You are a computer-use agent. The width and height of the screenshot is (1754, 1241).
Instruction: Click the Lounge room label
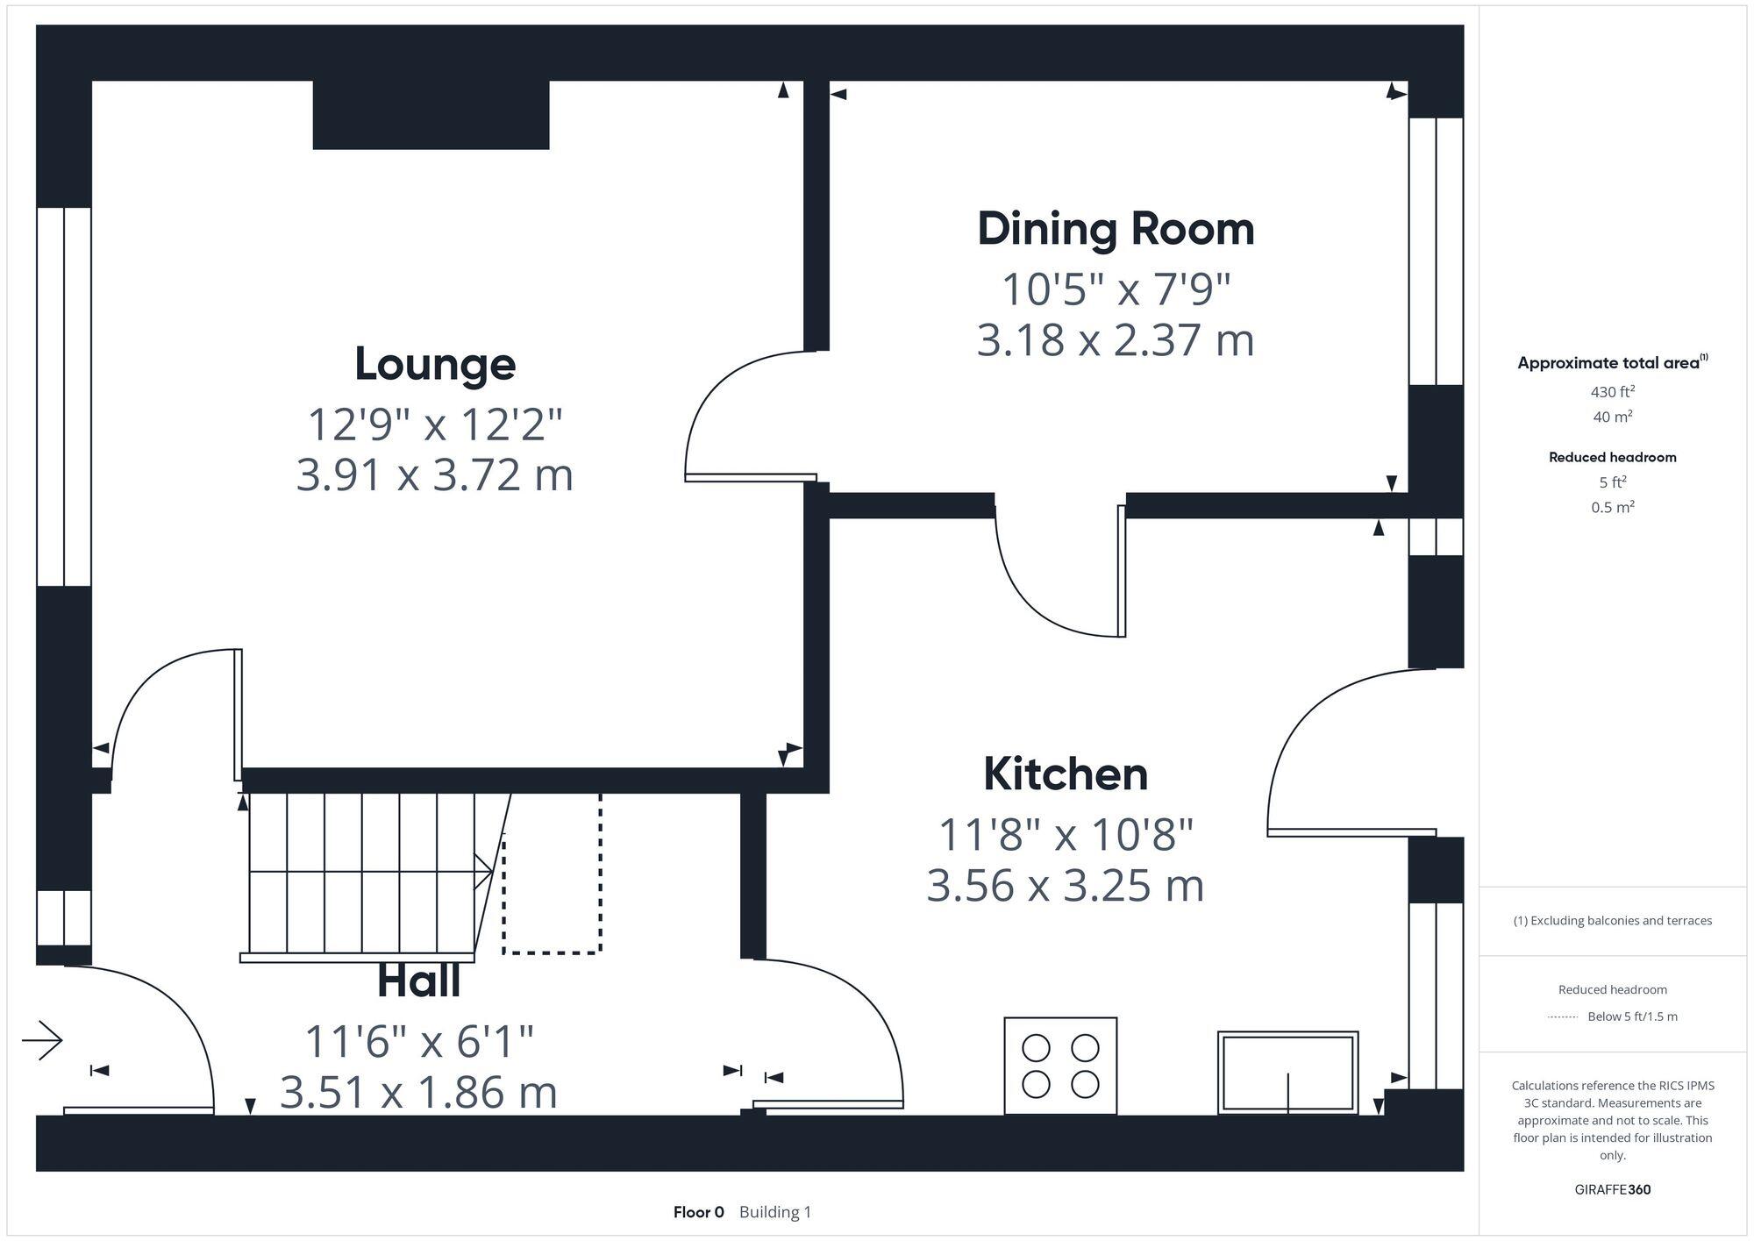click(x=435, y=365)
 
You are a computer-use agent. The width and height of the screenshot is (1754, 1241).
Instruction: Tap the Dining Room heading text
click(x=1116, y=230)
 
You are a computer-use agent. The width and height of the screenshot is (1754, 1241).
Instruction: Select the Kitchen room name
click(x=1065, y=774)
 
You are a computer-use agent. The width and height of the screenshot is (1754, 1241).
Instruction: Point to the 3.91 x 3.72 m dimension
click(x=435, y=475)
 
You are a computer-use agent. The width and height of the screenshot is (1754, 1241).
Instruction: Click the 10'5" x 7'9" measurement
click(x=1116, y=289)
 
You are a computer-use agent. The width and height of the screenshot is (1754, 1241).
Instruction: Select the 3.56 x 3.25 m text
click(x=1065, y=886)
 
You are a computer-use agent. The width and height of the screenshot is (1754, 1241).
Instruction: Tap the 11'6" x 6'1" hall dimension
click(x=418, y=1042)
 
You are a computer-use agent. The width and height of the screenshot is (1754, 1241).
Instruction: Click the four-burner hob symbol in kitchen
click(x=1060, y=1066)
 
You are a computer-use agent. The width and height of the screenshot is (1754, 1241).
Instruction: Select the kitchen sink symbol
click(x=1287, y=1073)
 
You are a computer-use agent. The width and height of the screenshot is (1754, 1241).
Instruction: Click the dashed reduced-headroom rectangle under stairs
click(x=552, y=877)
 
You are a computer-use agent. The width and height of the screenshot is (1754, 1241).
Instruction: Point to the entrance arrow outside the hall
click(x=43, y=1041)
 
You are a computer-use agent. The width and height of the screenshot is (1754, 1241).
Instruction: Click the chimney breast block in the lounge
click(x=431, y=115)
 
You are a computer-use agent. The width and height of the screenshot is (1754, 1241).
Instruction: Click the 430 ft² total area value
click(x=1612, y=392)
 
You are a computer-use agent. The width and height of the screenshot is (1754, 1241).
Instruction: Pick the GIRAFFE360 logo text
click(x=1612, y=1190)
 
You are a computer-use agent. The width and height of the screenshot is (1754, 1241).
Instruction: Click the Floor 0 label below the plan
click(x=698, y=1212)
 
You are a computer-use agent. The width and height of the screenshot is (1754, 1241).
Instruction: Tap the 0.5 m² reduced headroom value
click(x=1612, y=508)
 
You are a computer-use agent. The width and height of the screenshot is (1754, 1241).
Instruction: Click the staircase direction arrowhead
click(x=484, y=872)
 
